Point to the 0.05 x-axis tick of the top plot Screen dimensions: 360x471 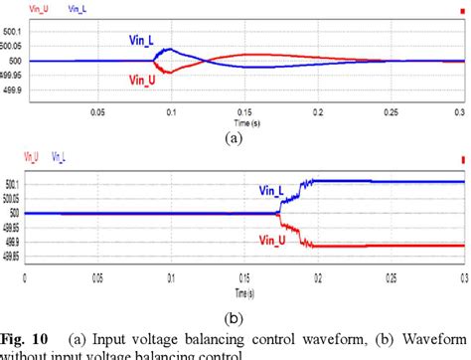[x=97, y=112]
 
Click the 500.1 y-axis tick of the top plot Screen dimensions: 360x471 [x=14, y=32]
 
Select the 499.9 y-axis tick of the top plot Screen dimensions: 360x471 [x=14, y=90]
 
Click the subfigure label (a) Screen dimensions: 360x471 [x=235, y=139]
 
